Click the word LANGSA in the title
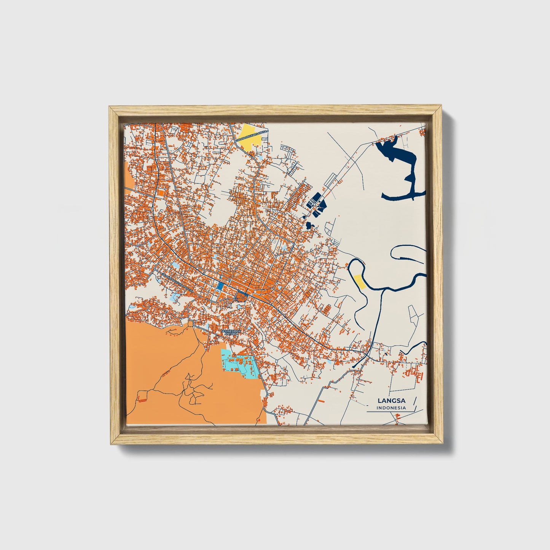pyautogui.click(x=391, y=400)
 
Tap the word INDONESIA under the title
pyautogui.click(x=391, y=408)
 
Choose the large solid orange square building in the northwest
pyautogui.click(x=160, y=193)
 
